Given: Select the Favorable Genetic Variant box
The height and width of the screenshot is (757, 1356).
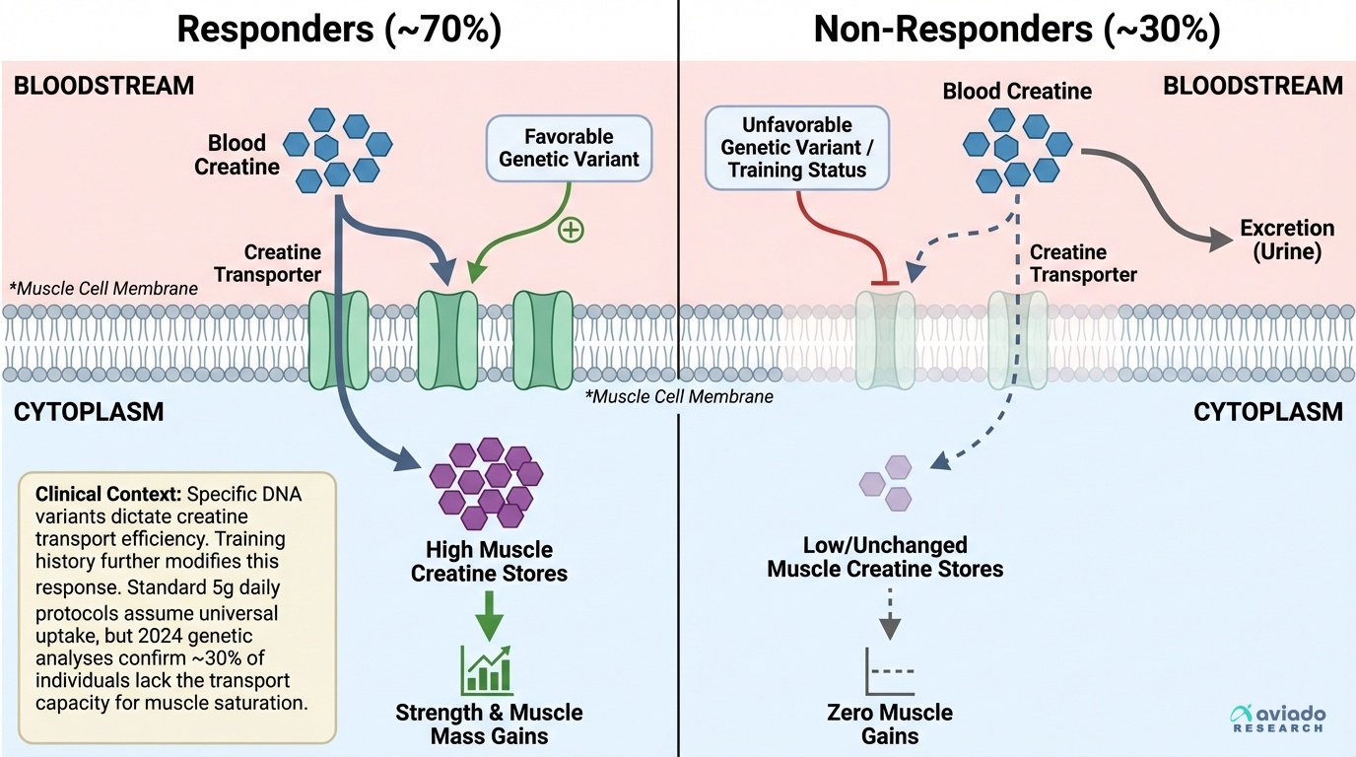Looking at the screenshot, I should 570,148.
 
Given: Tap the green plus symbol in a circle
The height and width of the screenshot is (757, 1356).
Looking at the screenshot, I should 571,231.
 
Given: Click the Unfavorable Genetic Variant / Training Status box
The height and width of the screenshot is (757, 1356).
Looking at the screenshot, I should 797,147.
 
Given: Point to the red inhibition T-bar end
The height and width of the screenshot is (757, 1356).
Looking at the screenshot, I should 883,283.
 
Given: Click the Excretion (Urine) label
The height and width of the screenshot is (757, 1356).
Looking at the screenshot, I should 1287,240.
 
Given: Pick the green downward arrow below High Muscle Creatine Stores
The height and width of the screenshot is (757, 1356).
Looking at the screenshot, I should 489,617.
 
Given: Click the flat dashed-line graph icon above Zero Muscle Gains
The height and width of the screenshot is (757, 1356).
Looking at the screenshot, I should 890,672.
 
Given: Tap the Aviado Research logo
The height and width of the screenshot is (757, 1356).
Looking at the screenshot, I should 1279,719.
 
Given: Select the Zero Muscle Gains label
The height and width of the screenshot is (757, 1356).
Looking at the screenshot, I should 890,723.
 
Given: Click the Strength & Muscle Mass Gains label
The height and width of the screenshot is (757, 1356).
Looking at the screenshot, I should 489,723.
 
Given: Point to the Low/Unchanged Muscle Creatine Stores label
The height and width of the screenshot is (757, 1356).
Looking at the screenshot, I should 884,557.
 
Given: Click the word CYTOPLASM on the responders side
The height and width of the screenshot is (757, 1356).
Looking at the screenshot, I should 89,412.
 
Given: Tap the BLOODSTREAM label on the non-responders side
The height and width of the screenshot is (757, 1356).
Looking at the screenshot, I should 1253,86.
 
